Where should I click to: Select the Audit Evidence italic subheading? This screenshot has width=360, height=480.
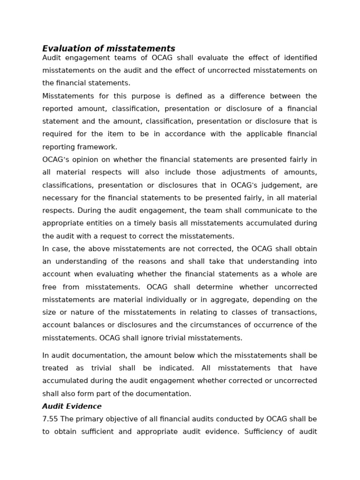pyautogui.click(x=72, y=406)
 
